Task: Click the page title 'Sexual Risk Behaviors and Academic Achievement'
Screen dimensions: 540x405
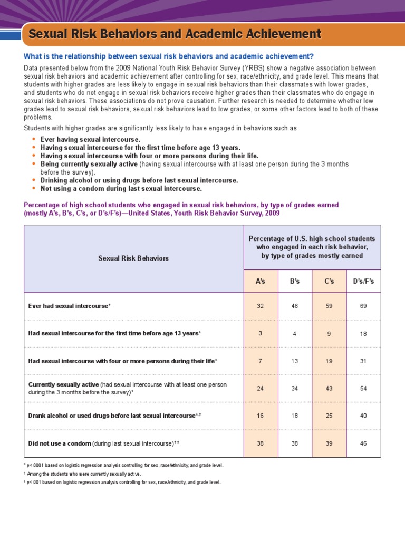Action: click(x=175, y=35)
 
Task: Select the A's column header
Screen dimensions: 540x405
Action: click(x=261, y=282)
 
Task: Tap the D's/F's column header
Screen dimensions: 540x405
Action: click(x=363, y=282)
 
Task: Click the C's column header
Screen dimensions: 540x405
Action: click(x=329, y=282)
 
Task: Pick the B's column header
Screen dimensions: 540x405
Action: click(x=295, y=282)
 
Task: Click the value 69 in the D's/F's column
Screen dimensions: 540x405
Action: click(x=363, y=306)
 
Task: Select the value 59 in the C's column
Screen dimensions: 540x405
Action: click(x=329, y=306)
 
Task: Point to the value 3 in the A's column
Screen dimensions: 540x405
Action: click(x=261, y=334)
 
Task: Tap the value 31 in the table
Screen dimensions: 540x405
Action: click(x=363, y=361)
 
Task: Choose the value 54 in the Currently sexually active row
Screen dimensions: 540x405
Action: click(x=363, y=389)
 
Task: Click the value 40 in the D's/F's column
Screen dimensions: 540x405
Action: click(x=363, y=416)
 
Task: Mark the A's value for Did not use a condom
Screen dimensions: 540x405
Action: click(x=261, y=443)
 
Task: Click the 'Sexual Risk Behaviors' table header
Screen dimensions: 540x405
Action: click(x=133, y=258)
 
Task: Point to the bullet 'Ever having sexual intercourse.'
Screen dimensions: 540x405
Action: click(x=90, y=139)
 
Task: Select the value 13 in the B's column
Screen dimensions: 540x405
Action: click(x=295, y=361)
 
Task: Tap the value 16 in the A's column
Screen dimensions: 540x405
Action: click(x=261, y=416)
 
